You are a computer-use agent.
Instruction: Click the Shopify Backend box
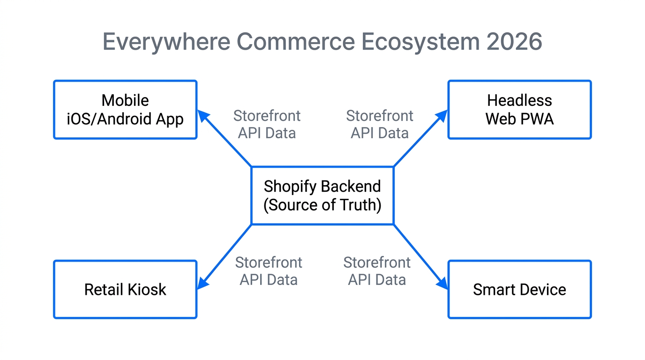pyautogui.click(x=322, y=195)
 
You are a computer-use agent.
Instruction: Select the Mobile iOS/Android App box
pyautogui.click(x=125, y=110)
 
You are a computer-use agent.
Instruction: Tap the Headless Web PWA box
pyautogui.click(x=519, y=110)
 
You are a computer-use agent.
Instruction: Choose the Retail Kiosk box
pyautogui.click(x=125, y=290)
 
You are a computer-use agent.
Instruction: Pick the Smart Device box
pyautogui.click(x=519, y=290)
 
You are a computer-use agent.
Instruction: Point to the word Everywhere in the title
pyautogui.click(x=166, y=42)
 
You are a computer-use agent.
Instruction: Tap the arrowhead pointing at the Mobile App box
pyautogui.click(x=202, y=115)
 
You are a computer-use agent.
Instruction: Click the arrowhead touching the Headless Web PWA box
pyautogui.click(x=442, y=115)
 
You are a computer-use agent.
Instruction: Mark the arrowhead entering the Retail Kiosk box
pyautogui.click(x=202, y=284)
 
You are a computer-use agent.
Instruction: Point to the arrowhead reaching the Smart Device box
pyautogui.click(x=442, y=284)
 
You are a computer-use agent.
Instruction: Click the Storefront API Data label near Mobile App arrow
pyautogui.click(x=267, y=124)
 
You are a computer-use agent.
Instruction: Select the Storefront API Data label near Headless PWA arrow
pyautogui.click(x=380, y=124)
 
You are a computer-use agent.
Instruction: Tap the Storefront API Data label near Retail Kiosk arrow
pyautogui.click(x=269, y=271)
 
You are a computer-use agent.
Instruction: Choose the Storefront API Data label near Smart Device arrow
pyautogui.click(x=377, y=271)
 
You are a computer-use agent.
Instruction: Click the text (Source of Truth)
pyautogui.click(x=322, y=205)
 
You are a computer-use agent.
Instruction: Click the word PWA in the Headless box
pyautogui.click(x=538, y=119)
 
